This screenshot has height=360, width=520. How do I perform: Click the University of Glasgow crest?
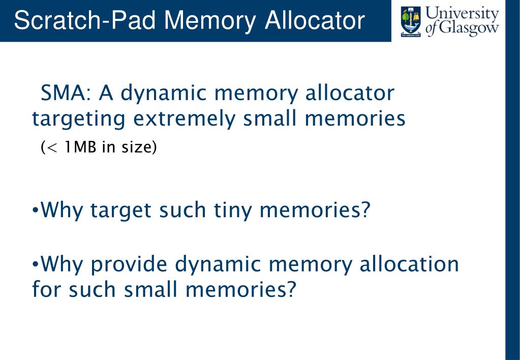pyautogui.click(x=410, y=22)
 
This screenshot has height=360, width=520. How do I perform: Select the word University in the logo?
pyautogui.click(x=462, y=14)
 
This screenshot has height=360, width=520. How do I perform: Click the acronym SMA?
pyautogui.click(x=65, y=93)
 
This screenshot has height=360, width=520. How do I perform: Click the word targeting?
pyautogui.click(x=79, y=119)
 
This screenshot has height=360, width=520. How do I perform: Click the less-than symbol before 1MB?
pyautogui.click(x=53, y=148)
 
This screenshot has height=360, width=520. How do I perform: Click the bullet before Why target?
pyautogui.click(x=35, y=209)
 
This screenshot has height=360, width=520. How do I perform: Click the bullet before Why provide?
pyautogui.click(x=35, y=264)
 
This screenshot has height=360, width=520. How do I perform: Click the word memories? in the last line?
pyautogui.click(x=240, y=290)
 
